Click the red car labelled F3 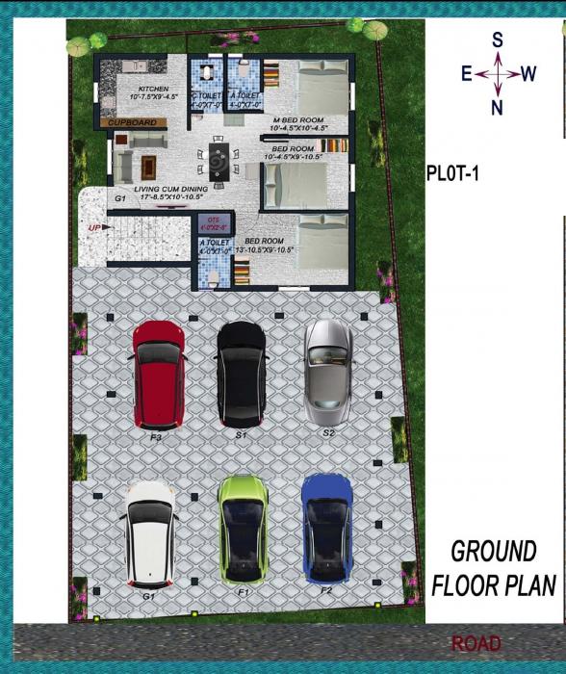pos(159,375)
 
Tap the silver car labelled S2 pos(327,371)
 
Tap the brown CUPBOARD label pos(130,123)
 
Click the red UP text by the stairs pos(94,228)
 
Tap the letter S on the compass pos(498,40)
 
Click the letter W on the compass pos(528,75)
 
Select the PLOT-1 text pos(452,174)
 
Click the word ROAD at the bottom pos(476,644)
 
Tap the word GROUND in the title pos(494,552)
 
